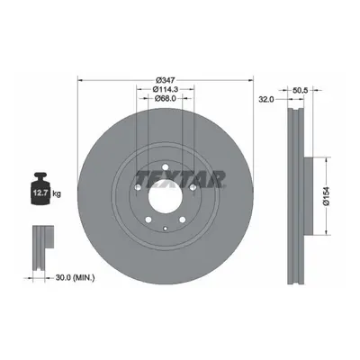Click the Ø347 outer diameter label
166,80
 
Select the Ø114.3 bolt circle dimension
166,89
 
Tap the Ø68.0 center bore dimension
166,98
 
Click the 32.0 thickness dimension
266,100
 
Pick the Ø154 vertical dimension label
326,195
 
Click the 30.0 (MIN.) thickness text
75,278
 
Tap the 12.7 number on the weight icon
40,193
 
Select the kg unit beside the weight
57,193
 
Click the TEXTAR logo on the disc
181,179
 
